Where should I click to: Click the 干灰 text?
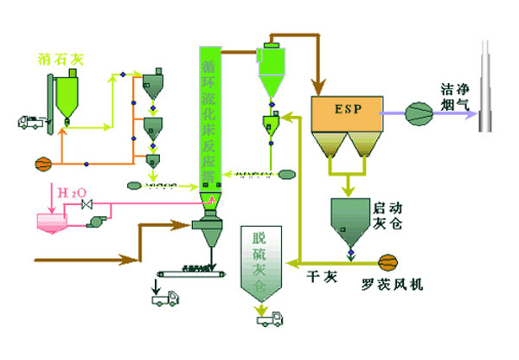(x=321, y=278)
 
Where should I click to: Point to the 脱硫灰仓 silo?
(x=261, y=264)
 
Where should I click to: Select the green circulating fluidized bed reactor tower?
(x=208, y=121)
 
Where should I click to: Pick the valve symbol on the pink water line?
(x=86, y=205)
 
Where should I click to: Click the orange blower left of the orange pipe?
(x=40, y=162)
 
